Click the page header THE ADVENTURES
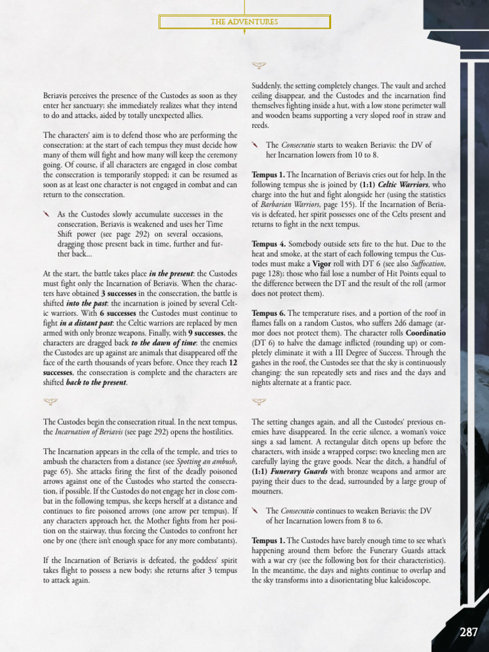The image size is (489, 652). (x=244, y=22)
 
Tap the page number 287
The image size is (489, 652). (x=468, y=632)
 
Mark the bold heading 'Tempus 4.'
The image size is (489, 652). (x=269, y=244)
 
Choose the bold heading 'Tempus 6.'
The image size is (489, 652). (x=269, y=313)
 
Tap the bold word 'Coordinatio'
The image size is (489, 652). (x=424, y=333)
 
